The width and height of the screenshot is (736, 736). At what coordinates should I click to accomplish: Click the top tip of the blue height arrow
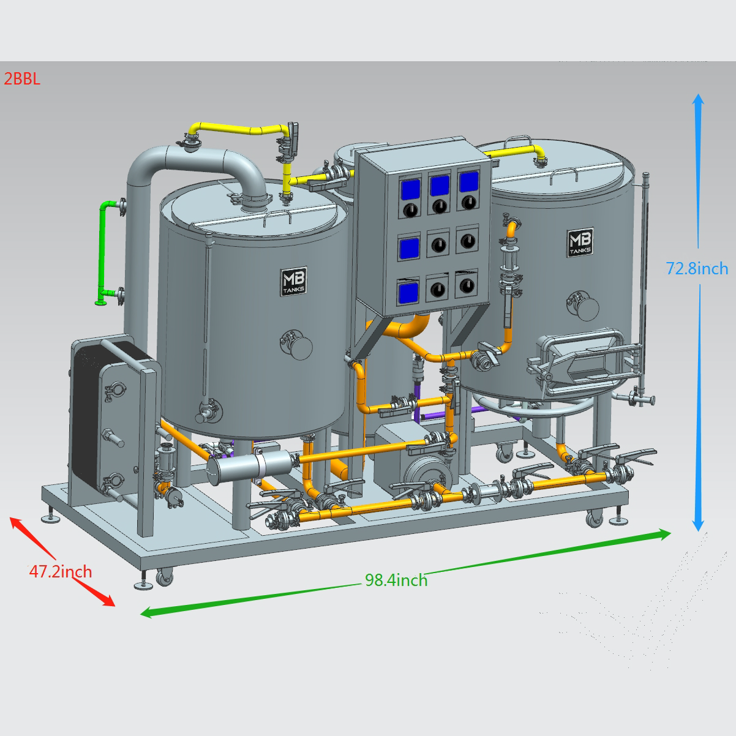coord(699,94)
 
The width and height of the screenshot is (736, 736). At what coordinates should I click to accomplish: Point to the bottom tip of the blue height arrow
coord(699,531)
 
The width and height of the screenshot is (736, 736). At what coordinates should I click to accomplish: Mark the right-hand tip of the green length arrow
coord(671,533)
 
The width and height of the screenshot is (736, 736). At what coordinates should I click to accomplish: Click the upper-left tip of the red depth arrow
coord(10,517)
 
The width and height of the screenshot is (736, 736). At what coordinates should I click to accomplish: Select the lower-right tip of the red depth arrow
coord(115,606)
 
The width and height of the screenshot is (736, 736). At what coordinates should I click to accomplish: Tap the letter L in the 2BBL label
coord(36,79)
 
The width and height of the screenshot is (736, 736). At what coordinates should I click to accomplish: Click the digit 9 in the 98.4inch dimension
coord(370,580)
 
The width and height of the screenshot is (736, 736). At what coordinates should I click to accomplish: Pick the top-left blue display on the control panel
coord(411,189)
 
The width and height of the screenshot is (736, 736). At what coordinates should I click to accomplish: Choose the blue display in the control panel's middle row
coord(409,247)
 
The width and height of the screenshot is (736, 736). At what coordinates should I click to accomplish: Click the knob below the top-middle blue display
coord(440,206)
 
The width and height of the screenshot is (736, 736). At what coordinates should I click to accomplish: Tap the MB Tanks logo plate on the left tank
coord(294,281)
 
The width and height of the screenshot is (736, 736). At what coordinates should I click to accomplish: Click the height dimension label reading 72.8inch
coord(697,269)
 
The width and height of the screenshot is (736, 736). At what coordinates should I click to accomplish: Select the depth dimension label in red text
coord(61,571)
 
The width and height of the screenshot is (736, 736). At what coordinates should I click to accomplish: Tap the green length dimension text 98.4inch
coord(396,580)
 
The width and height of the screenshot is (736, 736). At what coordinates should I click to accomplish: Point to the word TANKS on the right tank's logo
coord(580,251)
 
